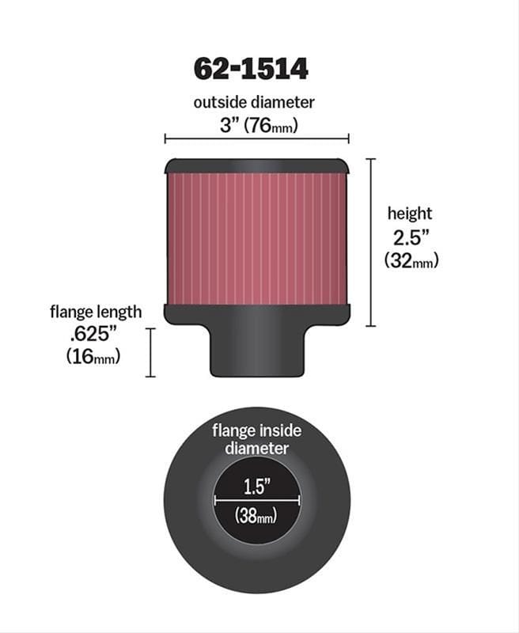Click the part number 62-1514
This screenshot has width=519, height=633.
[251, 69]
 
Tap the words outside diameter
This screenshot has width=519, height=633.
[255, 102]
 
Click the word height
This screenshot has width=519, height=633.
[409, 213]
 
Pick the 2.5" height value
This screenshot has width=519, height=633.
[409, 237]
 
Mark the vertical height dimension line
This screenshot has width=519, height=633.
[371, 242]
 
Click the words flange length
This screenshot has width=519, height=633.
[95, 312]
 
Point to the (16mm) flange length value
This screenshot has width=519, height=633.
[93, 357]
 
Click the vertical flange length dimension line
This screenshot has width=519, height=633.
[150, 353]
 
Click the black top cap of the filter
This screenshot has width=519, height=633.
[256, 166]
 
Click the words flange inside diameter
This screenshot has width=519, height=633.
[256, 439]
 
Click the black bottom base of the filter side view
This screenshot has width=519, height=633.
[256, 314]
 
